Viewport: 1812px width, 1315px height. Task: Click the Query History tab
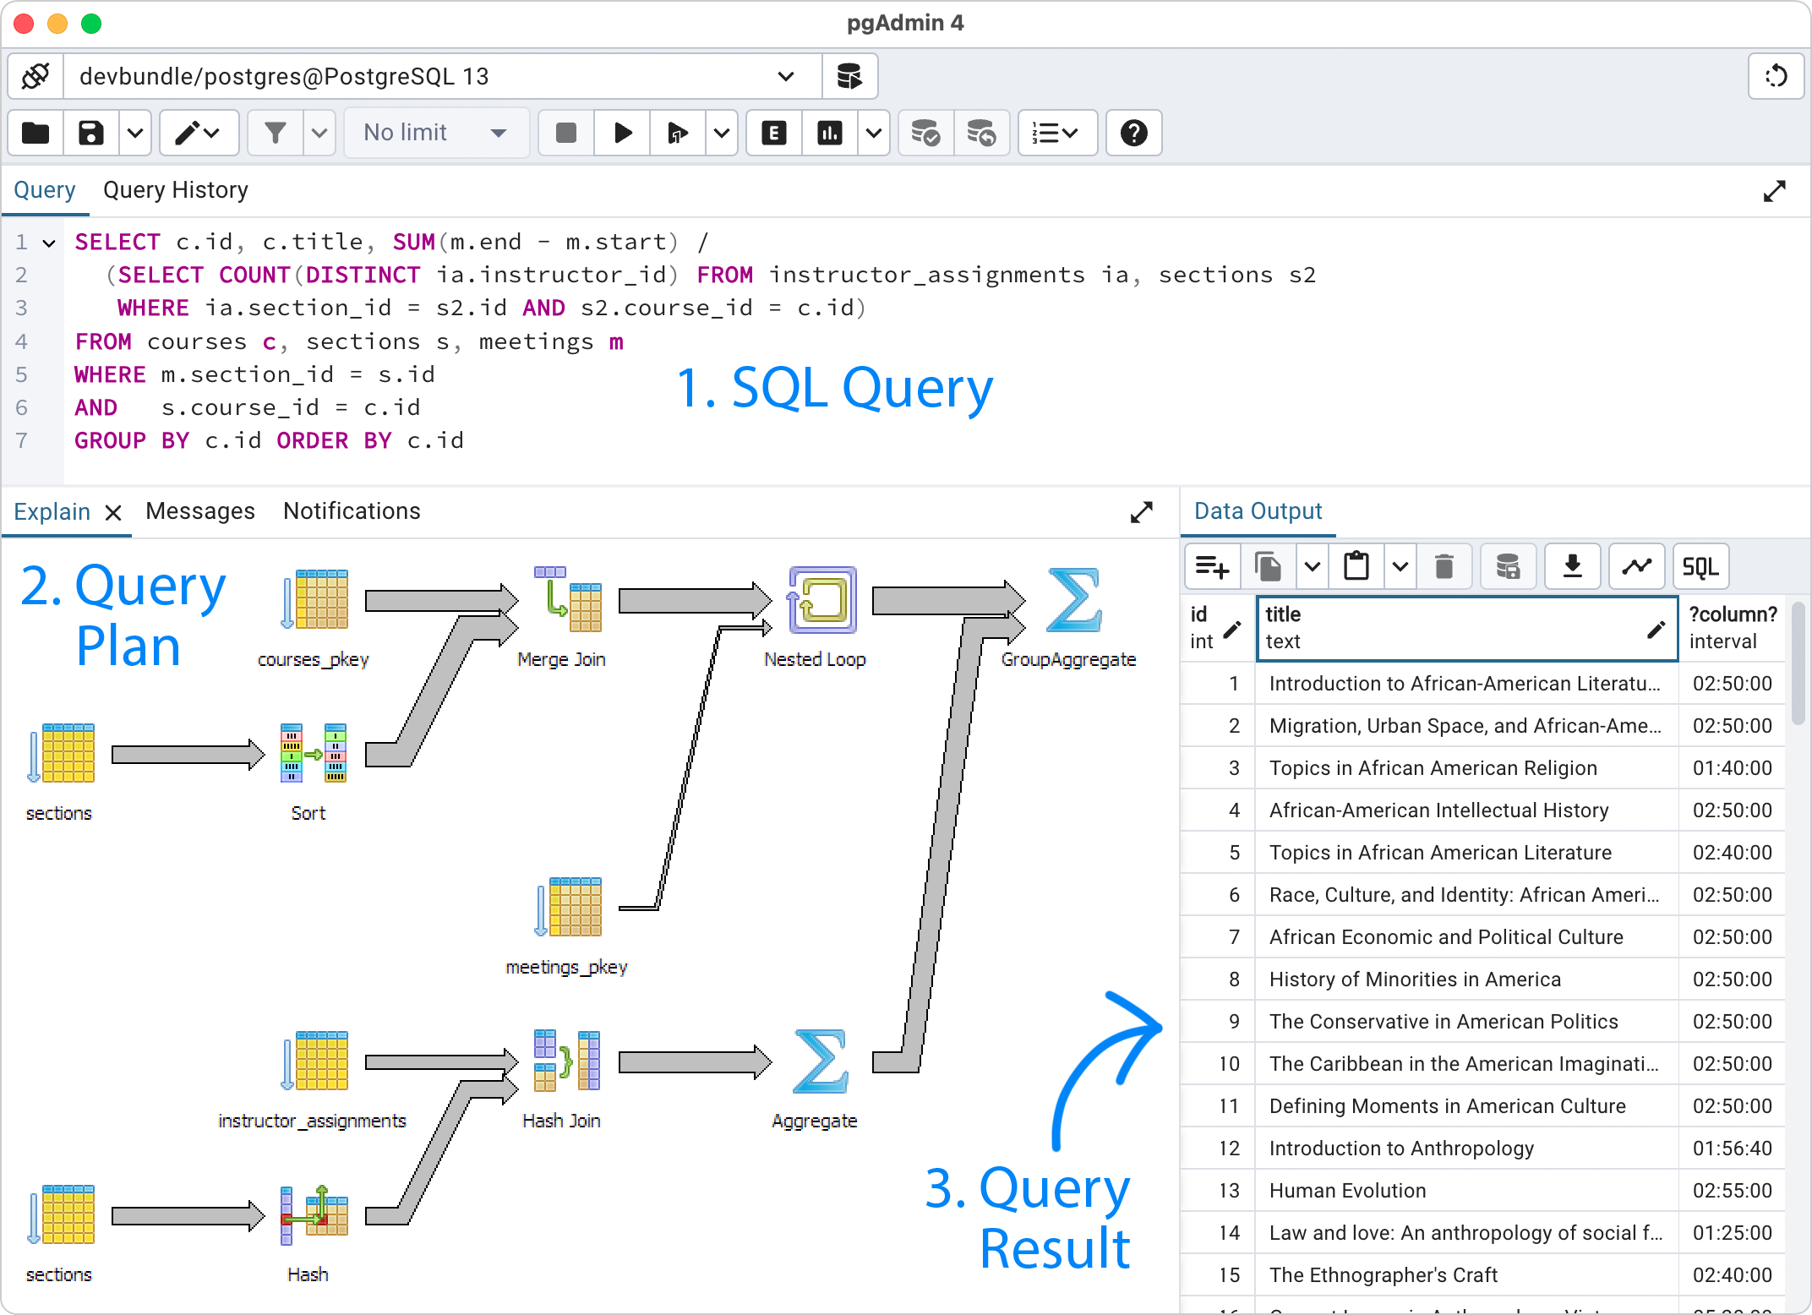pyautogui.click(x=175, y=190)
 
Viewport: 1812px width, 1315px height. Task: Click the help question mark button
pyautogui.click(x=1133, y=133)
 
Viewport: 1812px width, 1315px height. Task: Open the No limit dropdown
pyautogui.click(x=435, y=133)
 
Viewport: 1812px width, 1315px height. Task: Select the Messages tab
pyautogui.click(x=200, y=511)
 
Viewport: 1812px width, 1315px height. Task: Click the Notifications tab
pyautogui.click(x=352, y=511)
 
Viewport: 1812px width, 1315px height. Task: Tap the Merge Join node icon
pyautogui.click(x=568, y=600)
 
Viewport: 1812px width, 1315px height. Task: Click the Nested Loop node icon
pyautogui.click(x=821, y=600)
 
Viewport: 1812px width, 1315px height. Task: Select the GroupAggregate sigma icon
pyautogui.click(x=1073, y=600)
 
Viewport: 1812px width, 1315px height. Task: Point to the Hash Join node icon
pyautogui.click(x=566, y=1061)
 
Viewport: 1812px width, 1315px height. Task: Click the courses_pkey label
pyautogui.click(x=313, y=660)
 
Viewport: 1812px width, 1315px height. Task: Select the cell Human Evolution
pyautogui.click(x=1347, y=1191)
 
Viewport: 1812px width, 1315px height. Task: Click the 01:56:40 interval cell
pyautogui.click(x=1732, y=1149)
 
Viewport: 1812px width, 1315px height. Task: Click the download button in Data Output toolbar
pyautogui.click(x=1572, y=566)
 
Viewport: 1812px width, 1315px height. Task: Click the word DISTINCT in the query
pyautogui.click(x=363, y=276)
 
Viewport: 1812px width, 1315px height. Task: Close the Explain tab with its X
pyautogui.click(x=113, y=512)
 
